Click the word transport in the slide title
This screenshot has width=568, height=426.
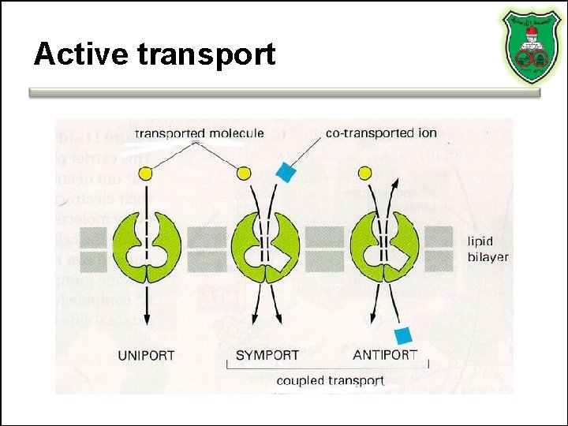206,55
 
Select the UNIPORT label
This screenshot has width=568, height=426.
146,355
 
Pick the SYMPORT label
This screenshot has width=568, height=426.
267,355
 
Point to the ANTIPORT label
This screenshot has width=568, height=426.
385,355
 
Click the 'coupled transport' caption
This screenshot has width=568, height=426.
330,380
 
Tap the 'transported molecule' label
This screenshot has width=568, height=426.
199,133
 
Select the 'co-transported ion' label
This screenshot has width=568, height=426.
381,133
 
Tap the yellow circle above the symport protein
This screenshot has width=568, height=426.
245,173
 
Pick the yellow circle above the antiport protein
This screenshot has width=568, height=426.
364,173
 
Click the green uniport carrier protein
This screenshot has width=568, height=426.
147,246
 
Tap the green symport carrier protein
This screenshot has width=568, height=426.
264,246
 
